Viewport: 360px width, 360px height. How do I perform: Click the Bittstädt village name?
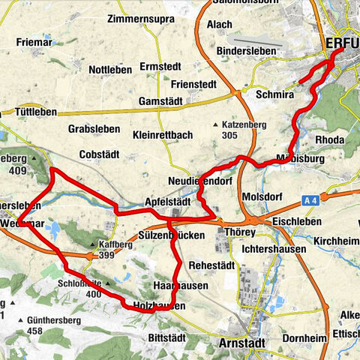166,337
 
